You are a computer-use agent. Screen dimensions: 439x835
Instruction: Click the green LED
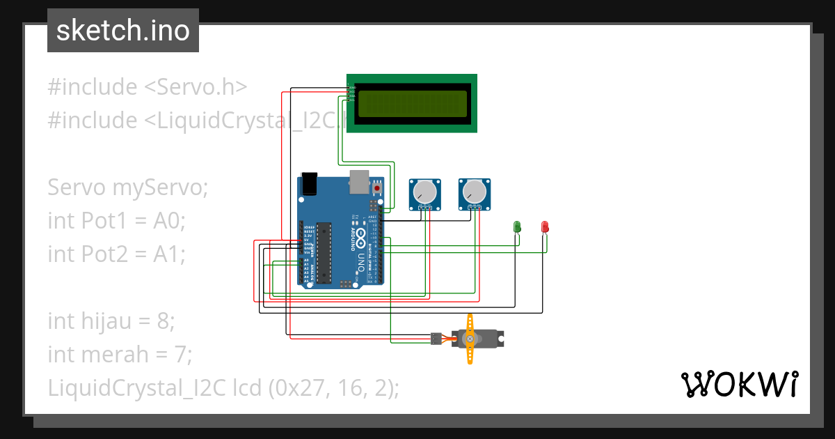[x=517, y=226]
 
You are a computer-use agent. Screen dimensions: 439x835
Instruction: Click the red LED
[x=545, y=226]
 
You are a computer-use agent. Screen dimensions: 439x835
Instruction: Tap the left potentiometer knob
[x=424, y=191]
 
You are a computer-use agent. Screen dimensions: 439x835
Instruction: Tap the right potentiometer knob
[x=473, y=190]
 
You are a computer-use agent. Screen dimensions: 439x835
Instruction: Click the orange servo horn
[x=470, y=339]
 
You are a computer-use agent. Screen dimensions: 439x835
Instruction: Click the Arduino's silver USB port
[x=358, y=180]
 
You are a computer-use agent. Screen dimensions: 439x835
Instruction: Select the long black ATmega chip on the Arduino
[x=323, y=254]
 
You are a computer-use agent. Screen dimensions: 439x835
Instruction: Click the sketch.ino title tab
[x=122, y=31]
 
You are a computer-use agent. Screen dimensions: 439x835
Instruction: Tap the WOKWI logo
[x=738, y=384]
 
